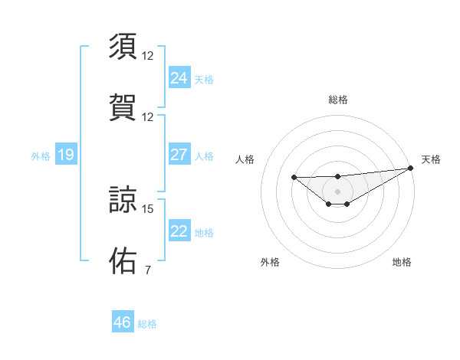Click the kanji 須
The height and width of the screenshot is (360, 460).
(123, 46)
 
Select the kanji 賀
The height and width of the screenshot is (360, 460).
(123, 106)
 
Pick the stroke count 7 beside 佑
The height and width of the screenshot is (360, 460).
(147, 270)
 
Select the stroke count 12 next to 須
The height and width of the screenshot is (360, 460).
(148, 56)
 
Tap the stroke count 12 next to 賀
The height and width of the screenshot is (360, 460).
(148, 117)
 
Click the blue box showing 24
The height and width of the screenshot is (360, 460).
(179, 77)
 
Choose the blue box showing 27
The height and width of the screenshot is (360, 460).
(179, 155)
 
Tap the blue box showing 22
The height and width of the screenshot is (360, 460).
(179, 231)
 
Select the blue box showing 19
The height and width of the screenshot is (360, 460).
(65, 155)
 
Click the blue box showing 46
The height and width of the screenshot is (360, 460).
(122, 322)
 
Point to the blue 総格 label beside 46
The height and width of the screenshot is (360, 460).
(147, 324)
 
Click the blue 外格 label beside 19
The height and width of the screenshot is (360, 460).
(41, 156)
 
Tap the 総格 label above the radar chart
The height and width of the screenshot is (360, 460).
(337, 100)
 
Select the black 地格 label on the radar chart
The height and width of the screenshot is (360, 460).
(402, 262)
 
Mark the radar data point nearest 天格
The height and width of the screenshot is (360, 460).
(411, 168)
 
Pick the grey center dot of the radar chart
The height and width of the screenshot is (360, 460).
(337, 191)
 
